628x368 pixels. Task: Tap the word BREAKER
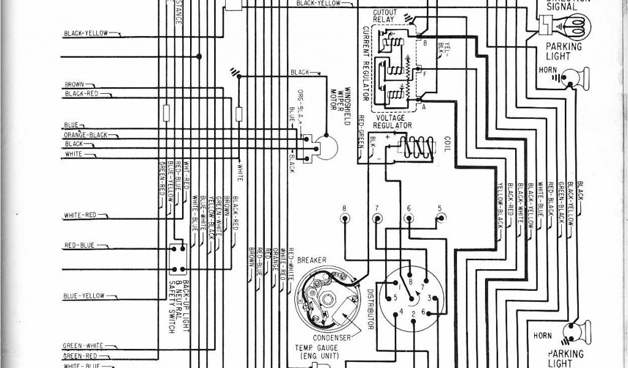point(312,259)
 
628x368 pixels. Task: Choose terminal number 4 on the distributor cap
point(400,312)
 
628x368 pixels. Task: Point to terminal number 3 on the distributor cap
point(434,298)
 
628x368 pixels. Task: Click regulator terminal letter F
point(424,72)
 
